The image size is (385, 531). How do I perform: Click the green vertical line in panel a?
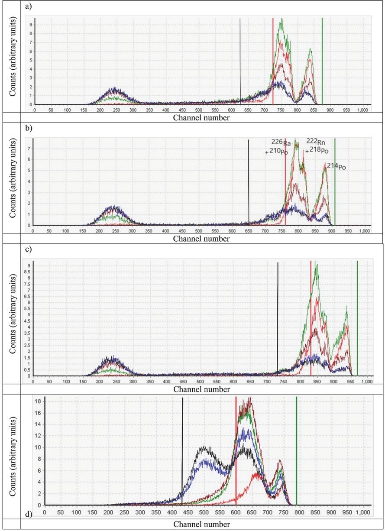point(322,61)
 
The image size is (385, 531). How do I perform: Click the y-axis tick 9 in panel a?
point(31,25)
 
